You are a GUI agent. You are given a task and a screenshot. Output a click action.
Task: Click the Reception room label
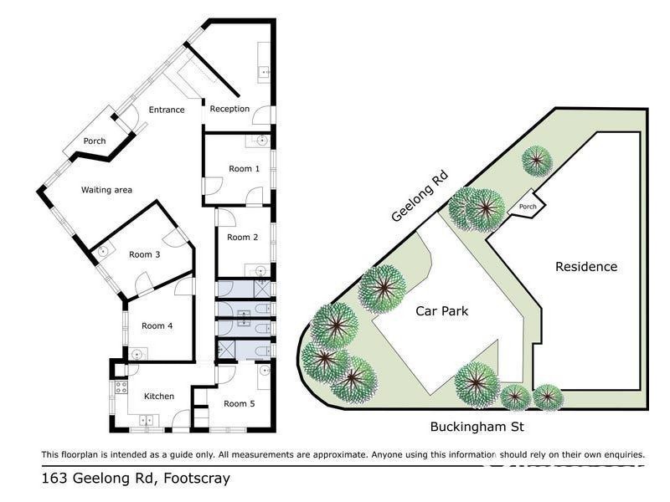pyautogui.click(x=229, y=109)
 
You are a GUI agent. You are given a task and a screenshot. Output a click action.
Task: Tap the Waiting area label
pyautogui.click(x=106, y=190)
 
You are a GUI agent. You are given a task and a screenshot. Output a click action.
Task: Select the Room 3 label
pyautogui.click(x=145, y=254)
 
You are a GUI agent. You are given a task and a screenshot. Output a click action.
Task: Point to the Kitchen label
pyautogui.click(x=158, y=396)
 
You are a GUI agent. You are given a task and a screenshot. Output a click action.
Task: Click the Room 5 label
pyautogui.click(x=240, y=403)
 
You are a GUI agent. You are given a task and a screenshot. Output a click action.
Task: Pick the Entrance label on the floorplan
pyautogui.click(x=167, y=110)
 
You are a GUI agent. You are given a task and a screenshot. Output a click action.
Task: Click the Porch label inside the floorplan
pyautogui.click(x=95, y=141)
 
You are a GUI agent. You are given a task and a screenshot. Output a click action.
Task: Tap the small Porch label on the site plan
pyautogui.click(x=528, y=207)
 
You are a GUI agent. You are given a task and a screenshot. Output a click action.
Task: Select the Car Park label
pyautogui.click(x=441, y=311)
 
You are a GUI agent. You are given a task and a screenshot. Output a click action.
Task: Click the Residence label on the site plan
pyautogui.click(x=586, y=267)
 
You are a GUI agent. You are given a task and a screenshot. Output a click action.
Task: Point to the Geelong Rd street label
pyautogui.click(x=420, y=197)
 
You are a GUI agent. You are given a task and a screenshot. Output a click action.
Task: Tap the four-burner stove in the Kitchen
pyautogui.click(x=119, y=387)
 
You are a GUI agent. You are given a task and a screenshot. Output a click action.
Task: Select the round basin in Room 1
pyautogui.click(x=261, y=141)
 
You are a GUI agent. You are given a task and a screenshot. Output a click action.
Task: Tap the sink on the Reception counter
pyautogui.click(x=265, y=73)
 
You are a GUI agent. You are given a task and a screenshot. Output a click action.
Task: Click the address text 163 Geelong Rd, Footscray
pyautogui.click(x=135, y=479)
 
